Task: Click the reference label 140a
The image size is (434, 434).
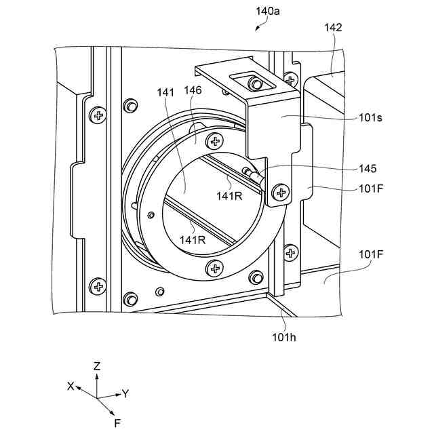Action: [x=267, y=12]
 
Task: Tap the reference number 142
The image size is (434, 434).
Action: [x=333, y=27]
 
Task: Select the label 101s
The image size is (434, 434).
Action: [x=371, y=117]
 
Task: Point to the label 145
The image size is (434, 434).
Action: [x=368, y=169]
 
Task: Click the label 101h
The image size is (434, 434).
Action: [x=284, y=337]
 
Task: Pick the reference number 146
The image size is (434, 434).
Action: [x=193, y=90]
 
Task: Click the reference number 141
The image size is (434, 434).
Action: [x=165, y=92]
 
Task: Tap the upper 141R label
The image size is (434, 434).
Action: [x=229, y=196]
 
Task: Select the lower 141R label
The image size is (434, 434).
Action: [x=193, y=239]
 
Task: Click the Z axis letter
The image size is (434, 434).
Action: [x=96, y=366]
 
